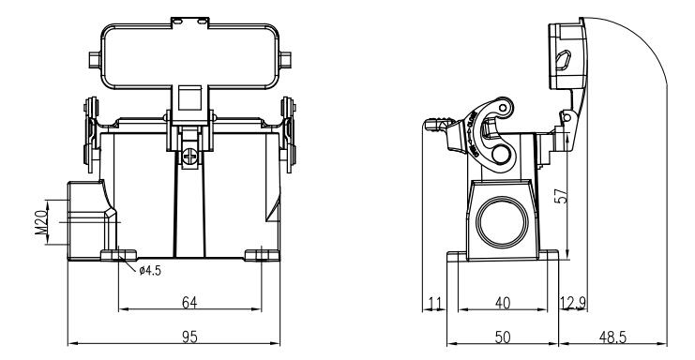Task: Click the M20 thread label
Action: pos(41,222)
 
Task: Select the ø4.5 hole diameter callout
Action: pos(150,271)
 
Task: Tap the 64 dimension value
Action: pos(189,303)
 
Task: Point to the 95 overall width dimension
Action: pos(189,337)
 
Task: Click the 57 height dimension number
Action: pos(561,196)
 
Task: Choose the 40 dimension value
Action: pos(502,303)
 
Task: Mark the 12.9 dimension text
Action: pos(573,304)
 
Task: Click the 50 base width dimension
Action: pos(502,337)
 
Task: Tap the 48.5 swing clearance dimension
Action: pos(613,337)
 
